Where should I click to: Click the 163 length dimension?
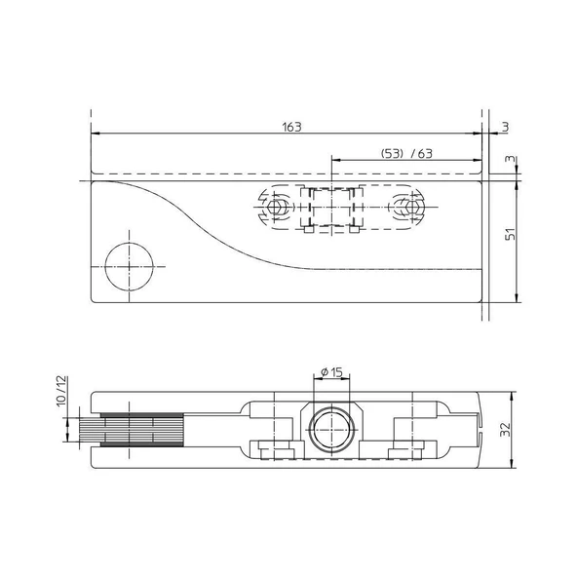(291, 127)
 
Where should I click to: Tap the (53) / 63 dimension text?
(406, 153)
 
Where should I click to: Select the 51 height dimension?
(511, 234)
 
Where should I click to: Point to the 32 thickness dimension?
(506, 430)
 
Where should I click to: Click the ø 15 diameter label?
(331, 372)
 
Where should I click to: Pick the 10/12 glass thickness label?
(62, 391)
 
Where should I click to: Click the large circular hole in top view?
(130, 266)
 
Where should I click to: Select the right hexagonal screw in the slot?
(411, 207)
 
